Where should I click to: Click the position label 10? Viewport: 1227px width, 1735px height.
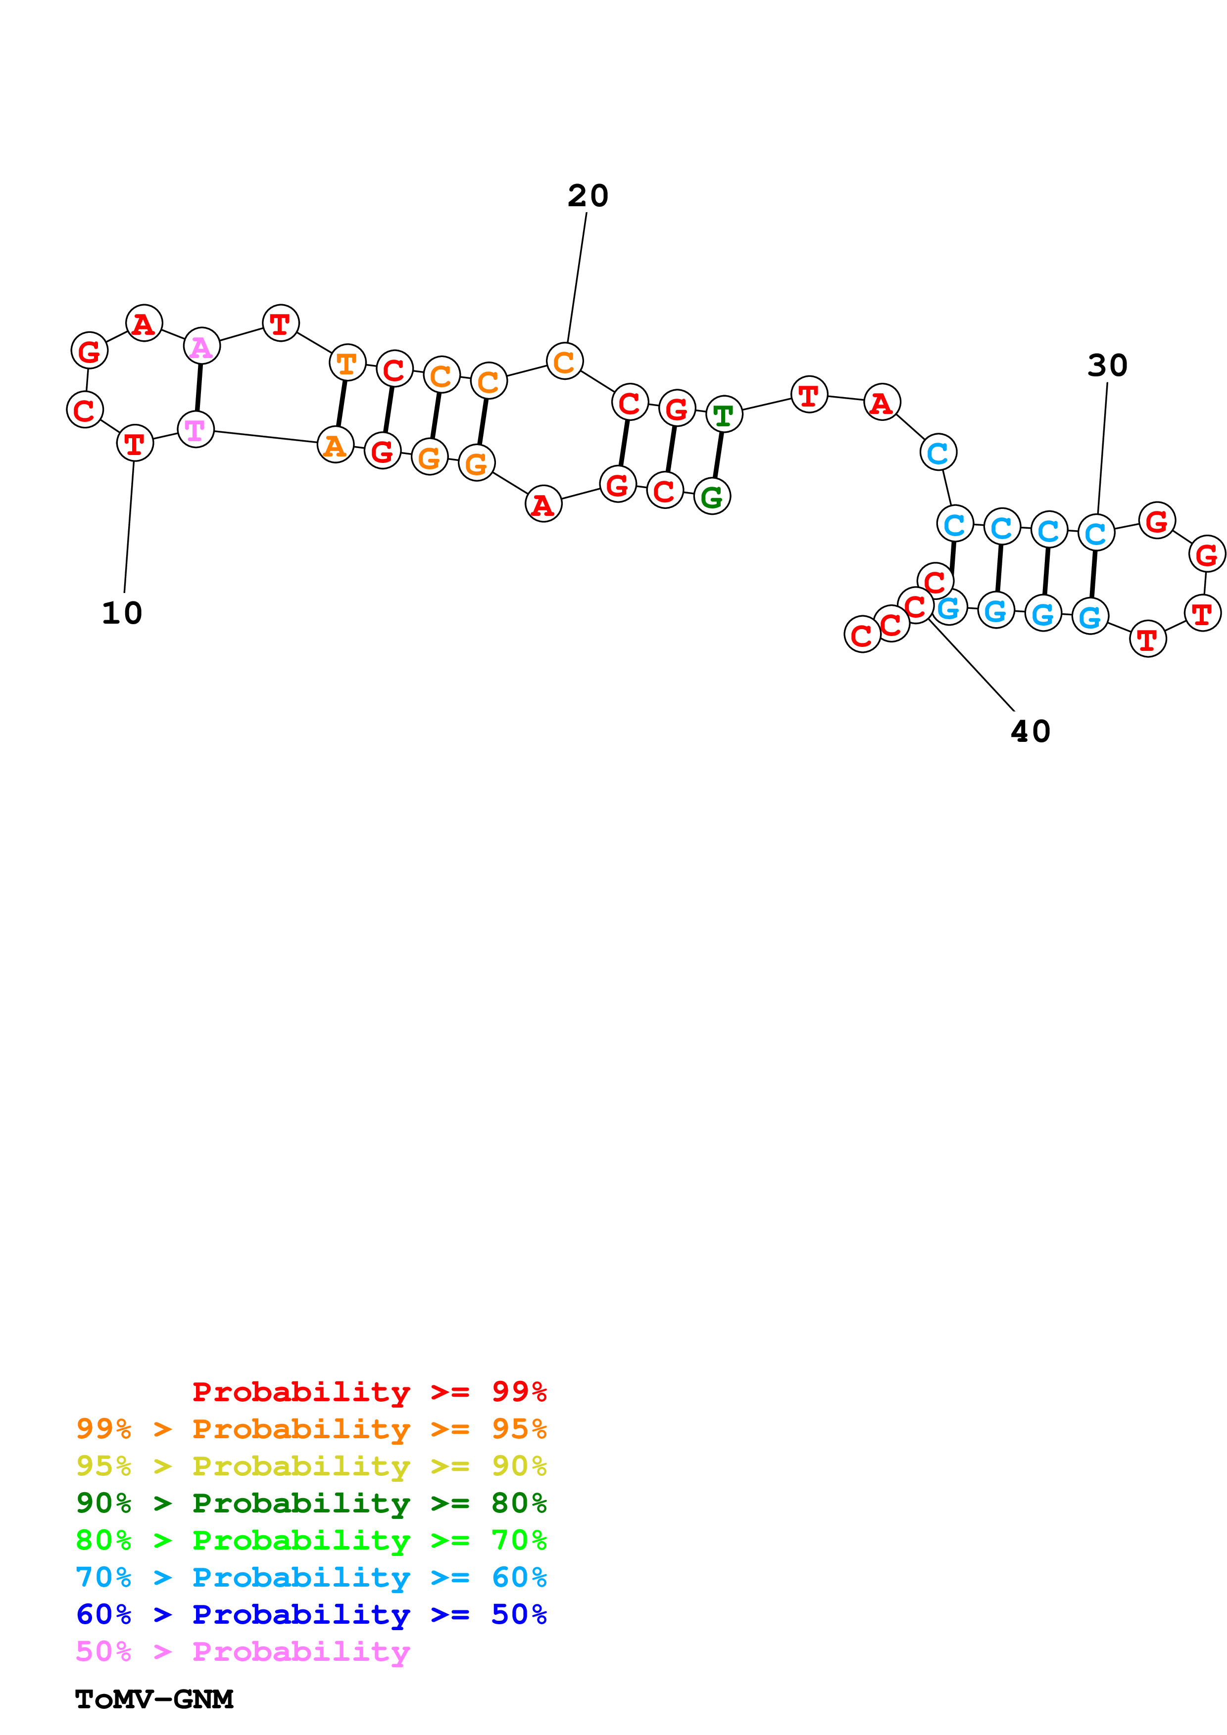coord(122,613)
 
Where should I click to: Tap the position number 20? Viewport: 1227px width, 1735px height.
coord(588,196)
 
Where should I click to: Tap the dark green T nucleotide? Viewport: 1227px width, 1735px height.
coord(724,415)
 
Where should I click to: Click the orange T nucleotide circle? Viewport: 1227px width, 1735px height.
coord(347,364)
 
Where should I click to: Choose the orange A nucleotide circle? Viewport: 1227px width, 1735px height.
coord(335,445)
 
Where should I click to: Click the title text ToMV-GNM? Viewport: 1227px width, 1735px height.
coord(154,1699)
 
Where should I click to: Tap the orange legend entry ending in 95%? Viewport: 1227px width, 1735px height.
coord(311,1429)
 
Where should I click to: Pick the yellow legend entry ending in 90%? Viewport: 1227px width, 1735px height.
coord(311,1466)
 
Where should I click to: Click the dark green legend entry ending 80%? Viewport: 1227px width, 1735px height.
coord(311,1503)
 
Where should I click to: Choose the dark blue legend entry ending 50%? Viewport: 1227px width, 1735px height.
coord(311,1614)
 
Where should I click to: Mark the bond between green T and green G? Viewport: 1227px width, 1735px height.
coord(718,456)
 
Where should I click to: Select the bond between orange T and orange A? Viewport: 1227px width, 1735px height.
coord(341,404)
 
